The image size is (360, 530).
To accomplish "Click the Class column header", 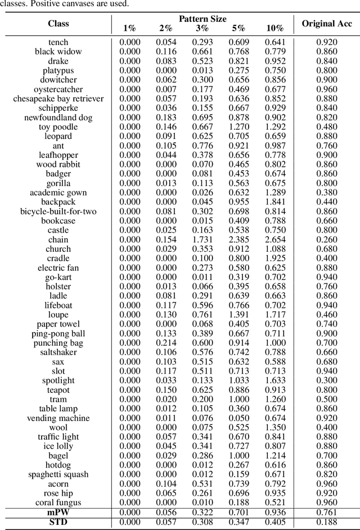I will (58, 24).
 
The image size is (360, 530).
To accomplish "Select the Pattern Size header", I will (202, 19).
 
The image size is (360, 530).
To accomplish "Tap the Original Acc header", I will (327, 24).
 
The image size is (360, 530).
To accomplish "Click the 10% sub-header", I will (274, 28).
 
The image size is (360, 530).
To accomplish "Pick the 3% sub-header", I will (202, 28).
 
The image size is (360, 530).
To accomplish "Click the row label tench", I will (58, 42).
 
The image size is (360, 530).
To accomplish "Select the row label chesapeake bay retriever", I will (58, 98).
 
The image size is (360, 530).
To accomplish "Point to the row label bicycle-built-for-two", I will (58, 211).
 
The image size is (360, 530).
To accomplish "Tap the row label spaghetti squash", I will (58, 474).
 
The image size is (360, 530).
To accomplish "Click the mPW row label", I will (58, 512).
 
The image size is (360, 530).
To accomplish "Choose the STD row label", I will (58, 522).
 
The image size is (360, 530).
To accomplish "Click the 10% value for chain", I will (274, 239).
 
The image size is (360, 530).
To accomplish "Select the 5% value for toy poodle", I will (239, 126).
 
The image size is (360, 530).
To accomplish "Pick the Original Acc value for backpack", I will (327, 202).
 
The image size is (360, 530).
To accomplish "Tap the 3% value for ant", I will (202, 146).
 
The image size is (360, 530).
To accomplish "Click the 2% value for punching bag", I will (166, 343).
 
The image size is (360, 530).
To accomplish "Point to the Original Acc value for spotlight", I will (327, 380).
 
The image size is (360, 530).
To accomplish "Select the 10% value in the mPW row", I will (274, 512).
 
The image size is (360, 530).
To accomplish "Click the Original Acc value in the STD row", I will (327, 522).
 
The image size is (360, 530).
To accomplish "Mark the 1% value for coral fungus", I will (130, 502).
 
